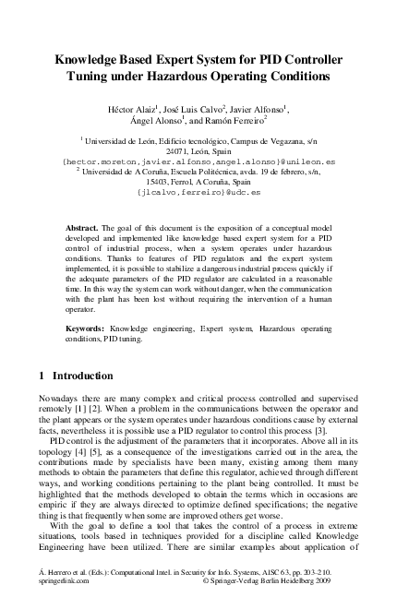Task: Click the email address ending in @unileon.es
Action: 198,161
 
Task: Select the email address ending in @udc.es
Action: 198,193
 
